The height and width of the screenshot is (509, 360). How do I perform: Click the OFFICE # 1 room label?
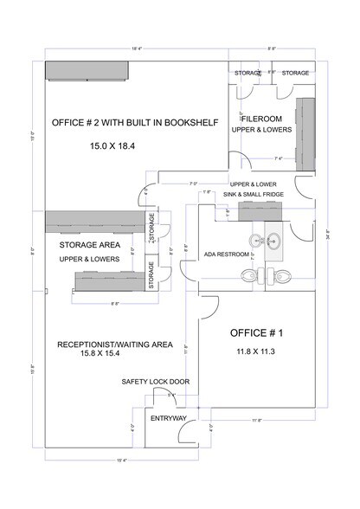(258, 333)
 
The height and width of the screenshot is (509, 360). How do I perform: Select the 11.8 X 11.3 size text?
(257, 352)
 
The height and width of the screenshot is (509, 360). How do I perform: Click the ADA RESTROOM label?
(227, 254)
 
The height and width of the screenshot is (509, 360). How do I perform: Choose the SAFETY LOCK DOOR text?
(156, 381)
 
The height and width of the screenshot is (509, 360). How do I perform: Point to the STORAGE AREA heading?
(89, 245)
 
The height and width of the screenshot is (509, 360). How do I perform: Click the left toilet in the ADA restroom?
(249, 274)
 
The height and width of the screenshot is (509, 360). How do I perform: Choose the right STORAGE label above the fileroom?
(296, 74)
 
